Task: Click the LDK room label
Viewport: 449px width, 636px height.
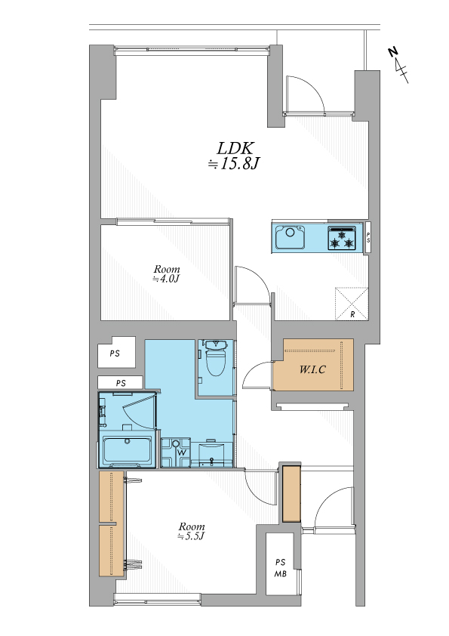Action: (x=235, y=148)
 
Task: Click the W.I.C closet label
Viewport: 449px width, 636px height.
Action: (x=312, y=369)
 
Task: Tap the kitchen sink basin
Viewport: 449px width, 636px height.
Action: (x=290, y=237)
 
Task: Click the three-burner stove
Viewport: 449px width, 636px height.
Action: (x=342, y=238)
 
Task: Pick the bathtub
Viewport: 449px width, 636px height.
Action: (x=128, y=450)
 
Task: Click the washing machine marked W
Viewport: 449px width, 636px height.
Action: (x=176, y=452)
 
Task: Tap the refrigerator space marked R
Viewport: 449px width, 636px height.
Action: (x=352, y=304)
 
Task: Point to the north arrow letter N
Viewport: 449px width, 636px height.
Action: (x=392, y=52)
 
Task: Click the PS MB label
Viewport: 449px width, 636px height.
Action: (x=281, y=568)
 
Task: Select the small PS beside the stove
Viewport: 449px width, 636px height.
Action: (x=368, y=238)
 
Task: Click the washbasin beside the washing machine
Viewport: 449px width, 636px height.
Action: (x=212, y=453)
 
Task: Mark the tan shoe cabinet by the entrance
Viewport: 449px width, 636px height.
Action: (x=291, y=493)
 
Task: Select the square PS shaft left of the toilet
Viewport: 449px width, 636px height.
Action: (x=117, y=352)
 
